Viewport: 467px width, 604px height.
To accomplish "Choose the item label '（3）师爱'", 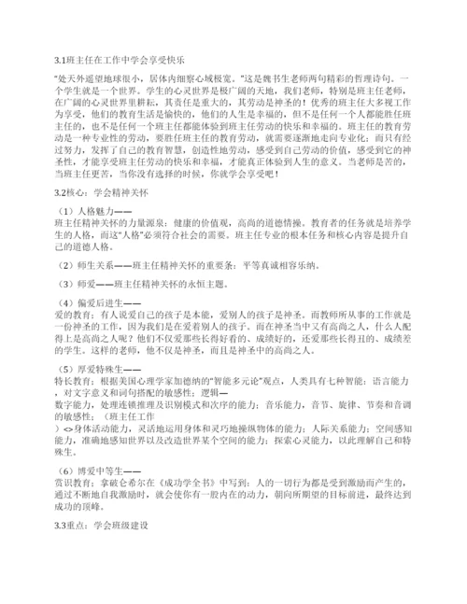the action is tap(77, 309).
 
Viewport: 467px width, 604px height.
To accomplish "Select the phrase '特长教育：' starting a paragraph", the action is tap(76, 409).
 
